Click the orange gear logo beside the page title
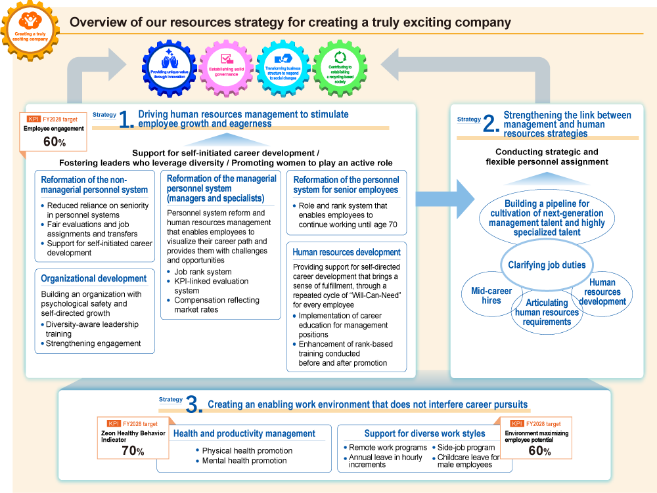(x=30, y=30)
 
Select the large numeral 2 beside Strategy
(x=491, y=125)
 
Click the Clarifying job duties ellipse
(x=546, y=265)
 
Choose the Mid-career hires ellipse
(x=491, y=296)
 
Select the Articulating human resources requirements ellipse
(x=547, y=312)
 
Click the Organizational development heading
(x=94, y=278)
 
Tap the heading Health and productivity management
(x=244, y=433)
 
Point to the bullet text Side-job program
(x=466, y=447)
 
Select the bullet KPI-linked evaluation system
(x=211, y=286)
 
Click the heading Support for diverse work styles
(x=424, y=433)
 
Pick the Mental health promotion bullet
(x=244, y=461)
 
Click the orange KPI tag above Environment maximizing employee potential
(x=517, y=424)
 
